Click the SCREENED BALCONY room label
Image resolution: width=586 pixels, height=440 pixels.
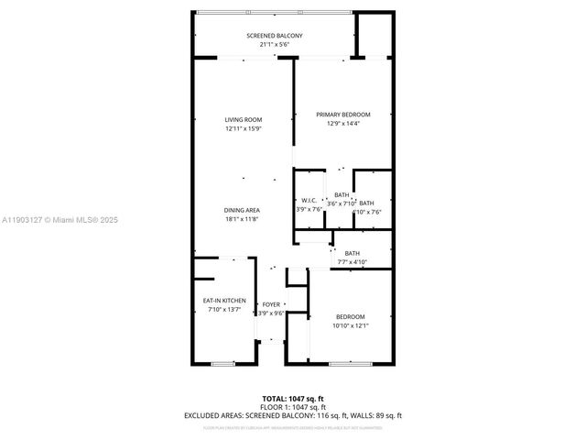(274, 36)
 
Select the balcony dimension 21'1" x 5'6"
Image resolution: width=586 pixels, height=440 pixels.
(274, 45)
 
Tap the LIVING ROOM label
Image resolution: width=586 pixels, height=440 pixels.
(244, 119)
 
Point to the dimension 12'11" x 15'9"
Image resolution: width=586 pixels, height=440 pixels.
(244, 128)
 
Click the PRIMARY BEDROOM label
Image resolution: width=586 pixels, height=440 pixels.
(343, 114)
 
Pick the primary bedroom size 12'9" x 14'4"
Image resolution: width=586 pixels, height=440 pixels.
(343, 123)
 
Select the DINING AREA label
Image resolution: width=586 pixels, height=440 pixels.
(243, 210)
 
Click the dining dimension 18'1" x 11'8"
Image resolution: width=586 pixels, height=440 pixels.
(243, 219)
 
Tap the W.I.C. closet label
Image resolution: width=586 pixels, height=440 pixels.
(309, 201)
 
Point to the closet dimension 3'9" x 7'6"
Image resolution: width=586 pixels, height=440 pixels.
(309, 210)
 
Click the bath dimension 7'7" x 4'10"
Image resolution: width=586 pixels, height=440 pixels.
(353, 261)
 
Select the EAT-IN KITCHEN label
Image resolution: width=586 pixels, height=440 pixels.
(223, 301)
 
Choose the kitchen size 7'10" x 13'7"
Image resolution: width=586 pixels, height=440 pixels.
(223, 310)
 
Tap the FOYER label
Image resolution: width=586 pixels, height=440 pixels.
(271, 303)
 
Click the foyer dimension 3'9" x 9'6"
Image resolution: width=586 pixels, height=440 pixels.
(271, 313)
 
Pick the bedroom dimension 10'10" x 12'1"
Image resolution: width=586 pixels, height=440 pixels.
(350, 324)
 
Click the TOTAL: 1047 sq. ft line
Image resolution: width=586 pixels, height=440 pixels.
(292, 399)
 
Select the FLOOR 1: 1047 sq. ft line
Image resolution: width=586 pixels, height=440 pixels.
(292, 407)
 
